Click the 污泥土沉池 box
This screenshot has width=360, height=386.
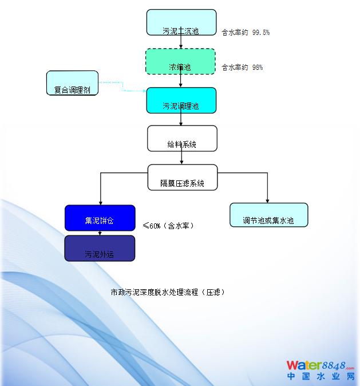(181, 22)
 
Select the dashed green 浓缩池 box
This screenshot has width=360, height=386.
(180, 61)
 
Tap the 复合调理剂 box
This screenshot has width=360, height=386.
(72, 83)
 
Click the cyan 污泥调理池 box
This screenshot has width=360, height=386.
(181, 100)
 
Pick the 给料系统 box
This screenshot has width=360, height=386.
(182, 138)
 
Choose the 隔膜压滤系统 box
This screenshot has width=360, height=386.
(183, 178)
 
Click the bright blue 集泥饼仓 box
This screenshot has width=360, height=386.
(100, 218)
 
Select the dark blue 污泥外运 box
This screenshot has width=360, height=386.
(100, 248)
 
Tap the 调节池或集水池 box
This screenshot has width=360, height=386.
(268, 215)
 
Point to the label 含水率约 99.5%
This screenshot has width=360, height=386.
(246, 33)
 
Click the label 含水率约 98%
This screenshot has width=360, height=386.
(243, 68)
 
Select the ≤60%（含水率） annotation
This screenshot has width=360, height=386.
(168, 226)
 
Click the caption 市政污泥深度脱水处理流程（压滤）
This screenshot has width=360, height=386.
(168, 292)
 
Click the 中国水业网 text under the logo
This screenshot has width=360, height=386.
(320, 377)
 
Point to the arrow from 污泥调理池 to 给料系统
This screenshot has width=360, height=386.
(182, 119)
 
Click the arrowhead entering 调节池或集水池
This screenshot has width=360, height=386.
(267, 200)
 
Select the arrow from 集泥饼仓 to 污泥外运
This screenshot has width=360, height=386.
(100, 233)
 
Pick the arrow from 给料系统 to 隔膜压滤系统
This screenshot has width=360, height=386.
(182, 158)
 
